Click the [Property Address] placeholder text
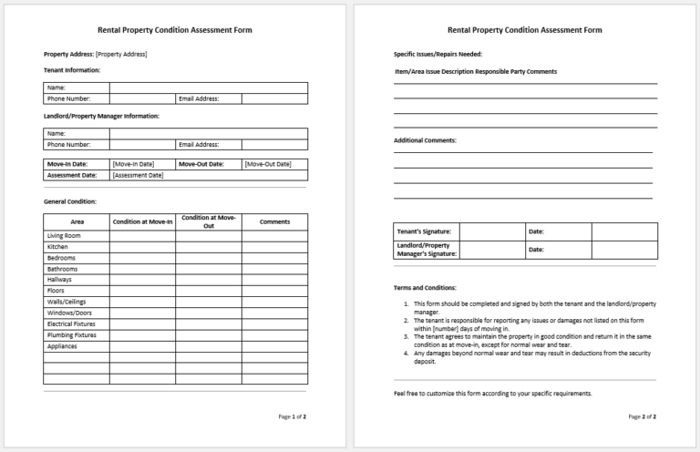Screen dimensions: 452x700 coord(121,55)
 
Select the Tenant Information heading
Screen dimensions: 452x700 coord(72,70)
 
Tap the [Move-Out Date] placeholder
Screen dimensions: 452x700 coord(268,164)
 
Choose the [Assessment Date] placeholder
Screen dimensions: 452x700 coord(138,175)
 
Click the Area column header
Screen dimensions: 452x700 coord(77,221)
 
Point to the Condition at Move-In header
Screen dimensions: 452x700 coord(142,221)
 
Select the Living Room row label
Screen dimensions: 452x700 coord(64,236)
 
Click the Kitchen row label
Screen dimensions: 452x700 coord(57,247)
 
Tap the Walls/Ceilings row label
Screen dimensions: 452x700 coord(67,302)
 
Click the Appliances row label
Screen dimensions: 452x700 coord(62,346)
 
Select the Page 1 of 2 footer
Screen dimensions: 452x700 coord(292,416)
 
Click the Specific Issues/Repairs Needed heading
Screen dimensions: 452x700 coord(431,55)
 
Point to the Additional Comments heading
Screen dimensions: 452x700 coord(425,140)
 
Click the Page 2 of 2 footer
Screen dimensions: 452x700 coord(642,416)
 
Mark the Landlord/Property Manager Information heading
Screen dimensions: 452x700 coord(101,117)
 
